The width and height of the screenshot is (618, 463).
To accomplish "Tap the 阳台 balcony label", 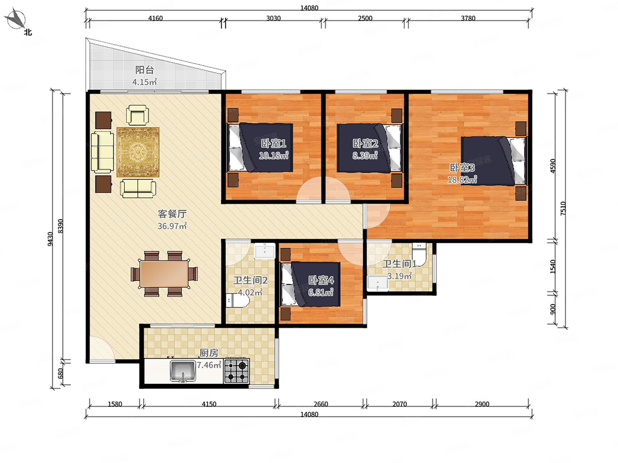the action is coord(144,70).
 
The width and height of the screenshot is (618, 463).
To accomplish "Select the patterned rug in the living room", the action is coord(138,152).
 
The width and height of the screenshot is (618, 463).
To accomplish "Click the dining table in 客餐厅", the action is coord(164,274).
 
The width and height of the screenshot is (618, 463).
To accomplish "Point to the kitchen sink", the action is coord(183,371).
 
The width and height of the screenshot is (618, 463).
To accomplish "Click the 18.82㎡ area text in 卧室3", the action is coord(462,180).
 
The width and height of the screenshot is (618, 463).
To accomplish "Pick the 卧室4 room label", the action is coord(321,280).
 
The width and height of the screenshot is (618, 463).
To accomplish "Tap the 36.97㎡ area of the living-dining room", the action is coord(172,226).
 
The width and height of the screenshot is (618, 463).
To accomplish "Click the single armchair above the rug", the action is coord(138,114).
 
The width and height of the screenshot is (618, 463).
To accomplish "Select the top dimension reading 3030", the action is coord(273,18).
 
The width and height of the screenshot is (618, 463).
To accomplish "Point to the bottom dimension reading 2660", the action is coord(321,404).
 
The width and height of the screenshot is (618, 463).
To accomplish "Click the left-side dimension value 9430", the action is coord(50,239).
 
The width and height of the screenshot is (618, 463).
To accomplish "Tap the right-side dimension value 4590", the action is coord(553,166).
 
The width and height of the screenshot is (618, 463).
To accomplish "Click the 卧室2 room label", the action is coord(365,143).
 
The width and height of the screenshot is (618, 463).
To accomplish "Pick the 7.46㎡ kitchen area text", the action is coord(209,365).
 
